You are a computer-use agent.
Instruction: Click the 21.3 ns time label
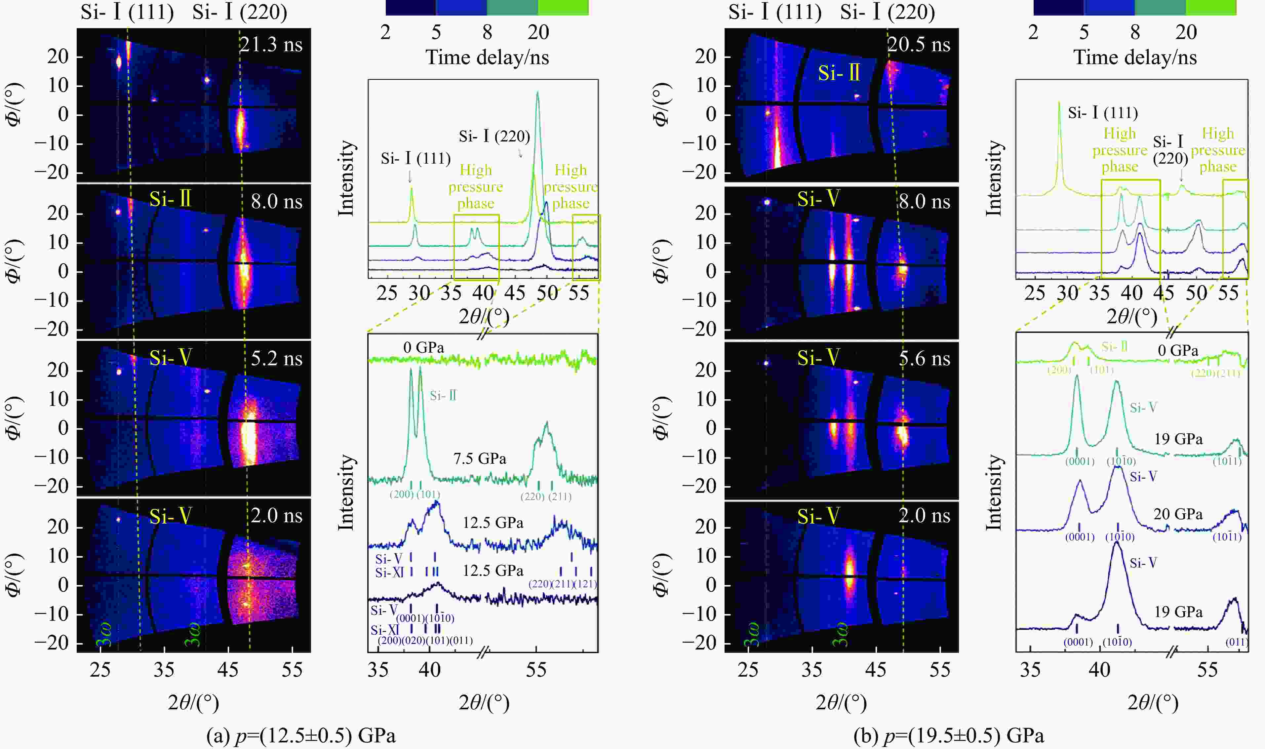(x=271, y=45)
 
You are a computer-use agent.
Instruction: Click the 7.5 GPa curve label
(x=479, y=459)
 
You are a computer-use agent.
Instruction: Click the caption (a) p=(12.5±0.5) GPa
(x=301, y=735)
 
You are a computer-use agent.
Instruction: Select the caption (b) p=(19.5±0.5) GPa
(x=949, y=735)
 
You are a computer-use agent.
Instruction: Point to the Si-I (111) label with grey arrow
(x=415, y=159)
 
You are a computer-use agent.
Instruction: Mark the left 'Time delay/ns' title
(x=487, y=57)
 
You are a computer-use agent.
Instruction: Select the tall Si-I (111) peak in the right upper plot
(x=1059, y=103)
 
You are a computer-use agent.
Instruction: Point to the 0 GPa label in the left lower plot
(x=423, y=348)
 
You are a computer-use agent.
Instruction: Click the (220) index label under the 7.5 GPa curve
(x=532, y=497)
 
